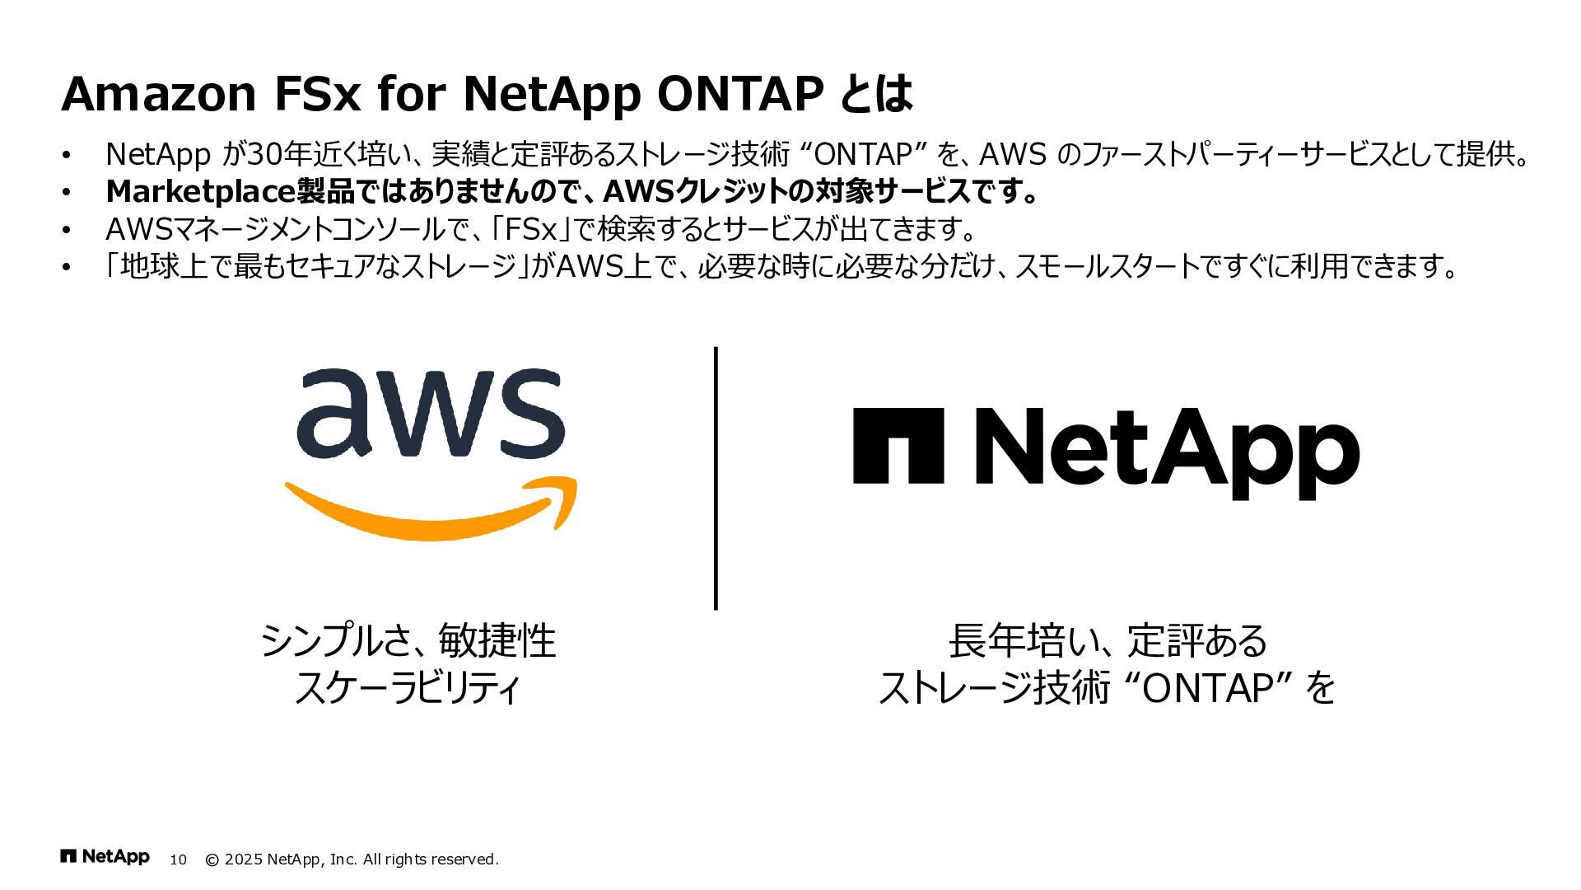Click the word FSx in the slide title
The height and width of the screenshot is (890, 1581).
pos(316,94)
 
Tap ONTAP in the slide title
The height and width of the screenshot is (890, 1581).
pos(740,94)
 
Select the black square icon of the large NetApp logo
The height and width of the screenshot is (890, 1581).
pos(898,445)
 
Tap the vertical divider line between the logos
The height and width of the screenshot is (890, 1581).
pos(716,478)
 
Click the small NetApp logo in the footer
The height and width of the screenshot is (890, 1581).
pos(105,857)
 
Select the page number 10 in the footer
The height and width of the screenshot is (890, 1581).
pos(179,860)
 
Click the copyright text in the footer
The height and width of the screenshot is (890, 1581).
pos(352,860)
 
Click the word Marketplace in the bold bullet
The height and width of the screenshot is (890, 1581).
pos(200,192)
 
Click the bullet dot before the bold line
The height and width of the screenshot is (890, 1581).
pos(68,193)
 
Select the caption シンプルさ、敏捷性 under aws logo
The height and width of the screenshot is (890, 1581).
pos(408,641)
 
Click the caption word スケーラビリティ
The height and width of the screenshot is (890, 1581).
pos(408,688)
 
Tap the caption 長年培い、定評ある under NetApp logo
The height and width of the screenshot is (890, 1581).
pos(1108,641)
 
